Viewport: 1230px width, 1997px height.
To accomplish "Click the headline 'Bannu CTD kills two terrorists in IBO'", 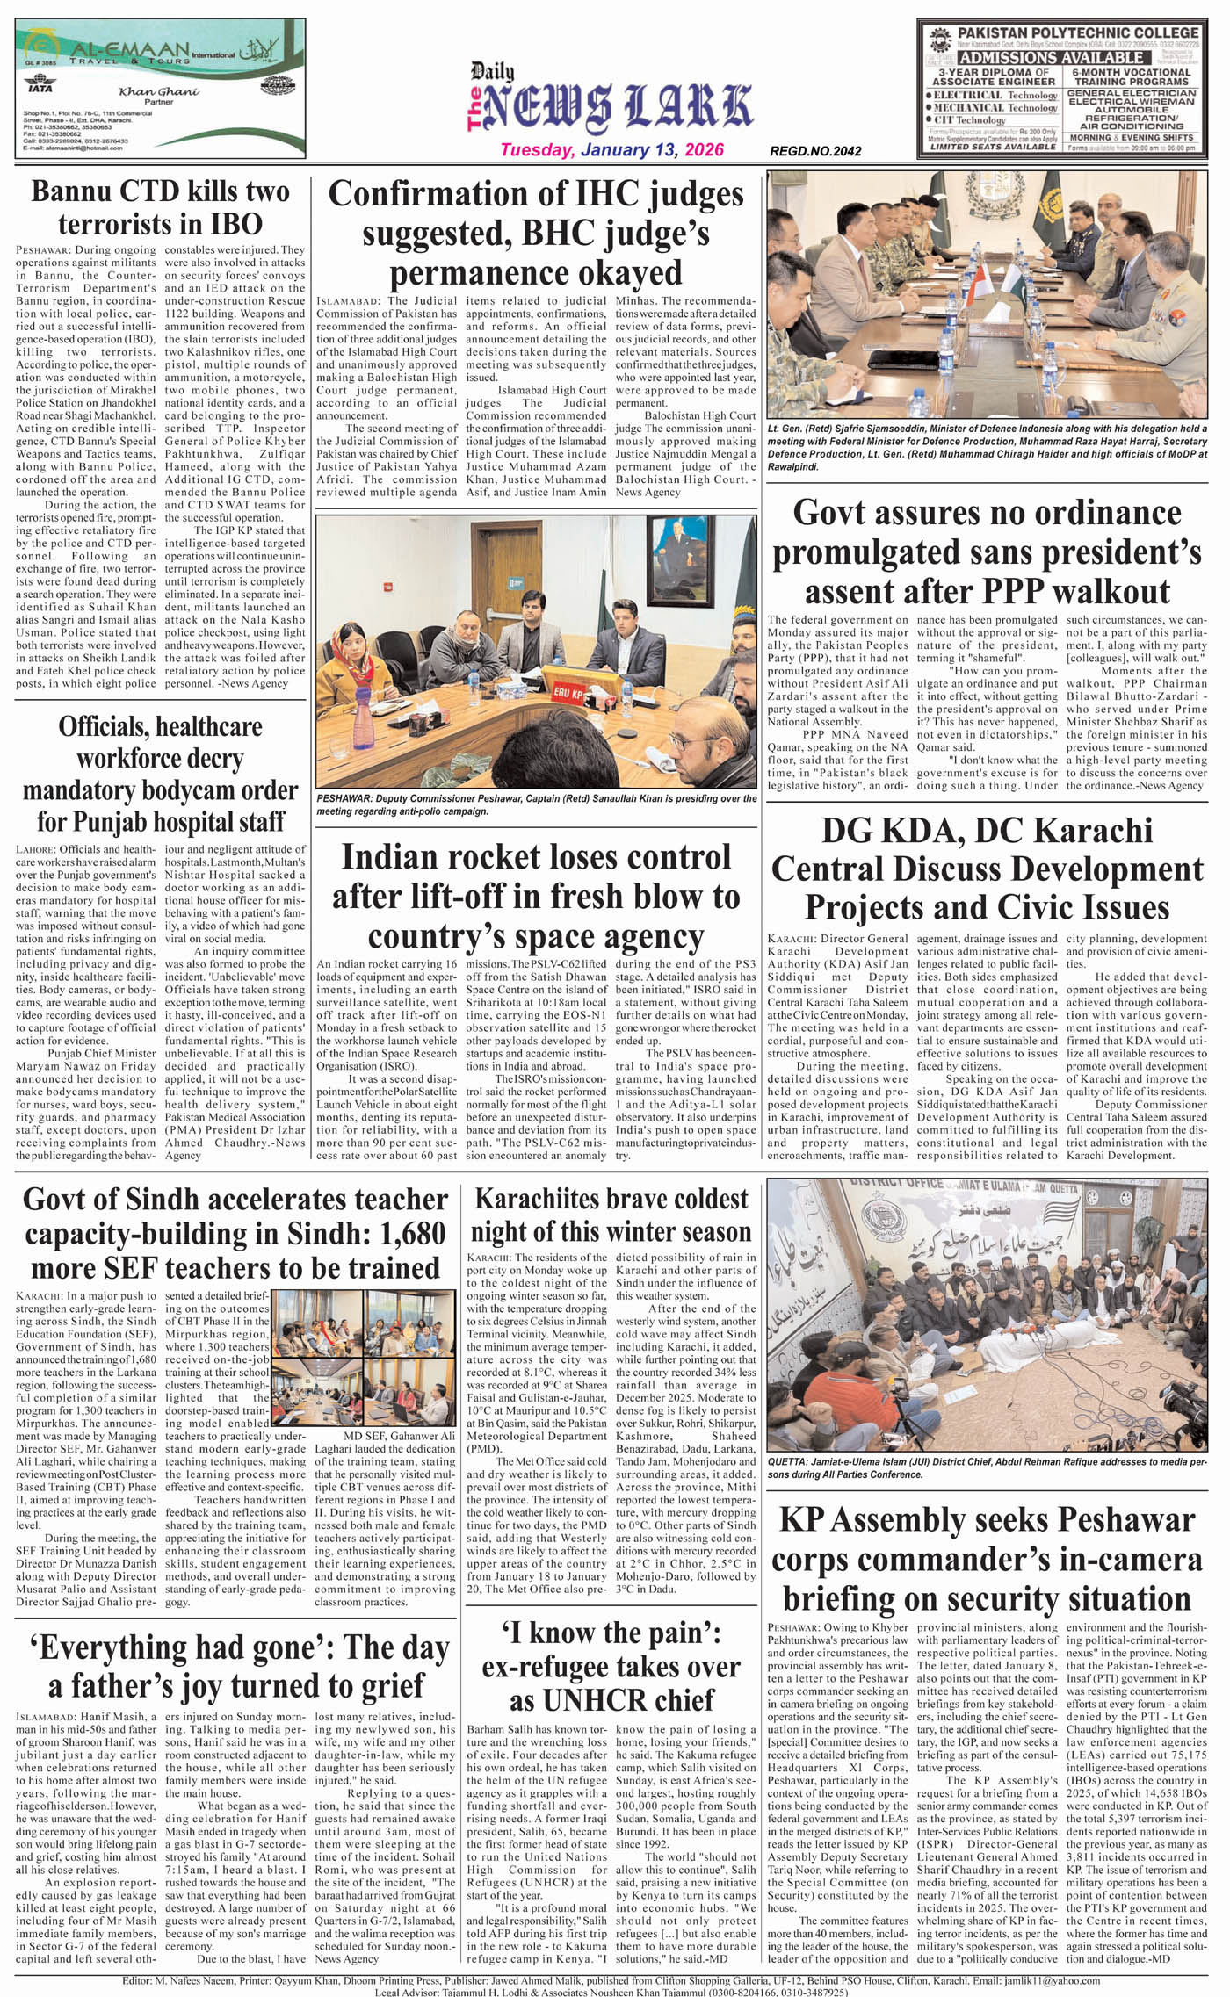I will coord(160,206).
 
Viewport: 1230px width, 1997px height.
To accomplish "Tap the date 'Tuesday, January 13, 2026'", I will coord(612,149).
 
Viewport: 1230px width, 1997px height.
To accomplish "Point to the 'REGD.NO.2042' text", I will coord(815,151).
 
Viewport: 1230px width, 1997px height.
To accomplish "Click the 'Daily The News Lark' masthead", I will coord(611,104).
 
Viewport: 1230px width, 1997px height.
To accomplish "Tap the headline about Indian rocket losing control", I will coord(536,896).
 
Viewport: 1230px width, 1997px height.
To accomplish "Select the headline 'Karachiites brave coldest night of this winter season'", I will coord(611,1215).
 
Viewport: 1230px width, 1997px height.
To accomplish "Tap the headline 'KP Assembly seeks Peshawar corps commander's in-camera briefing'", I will coord(987,1559).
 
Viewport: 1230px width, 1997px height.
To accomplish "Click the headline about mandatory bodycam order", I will coord(160,774).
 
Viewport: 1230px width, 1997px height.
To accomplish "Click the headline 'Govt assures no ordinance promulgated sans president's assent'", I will coord(987,552).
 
